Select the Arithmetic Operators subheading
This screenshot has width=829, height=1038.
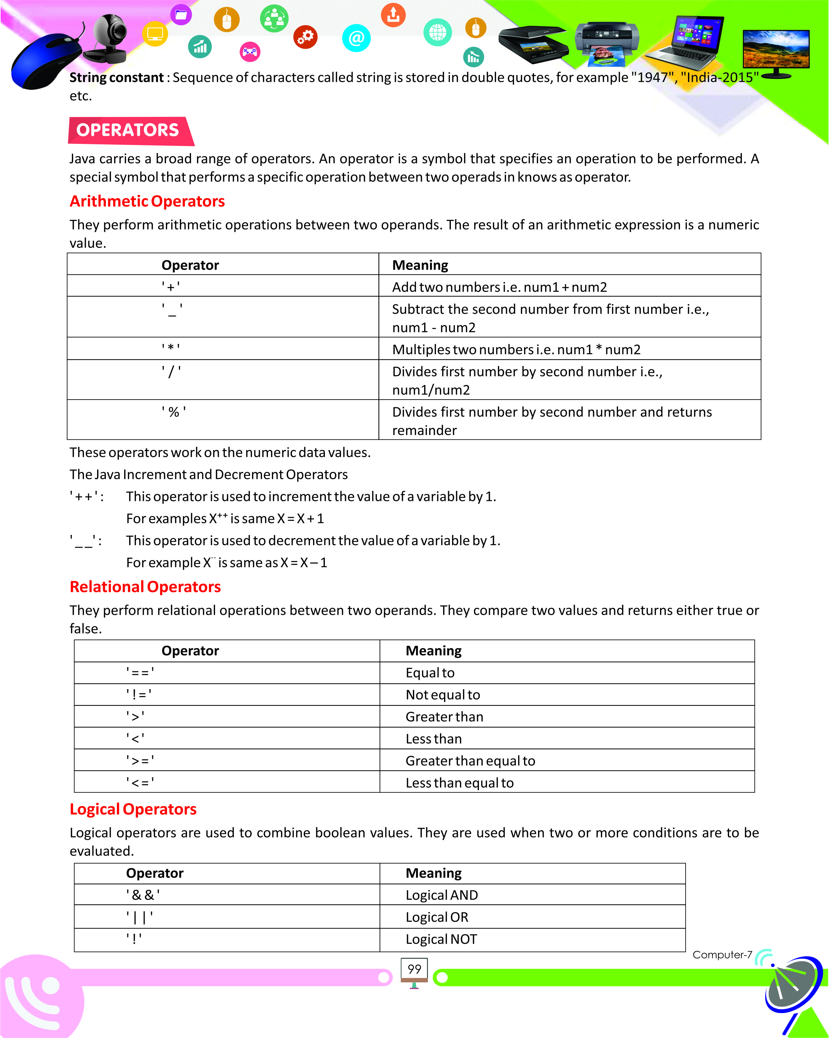point(147,201)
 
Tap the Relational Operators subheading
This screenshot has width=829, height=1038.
point(145,586)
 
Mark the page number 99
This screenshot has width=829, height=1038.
point(414,969)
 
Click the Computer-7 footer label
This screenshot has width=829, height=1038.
point(722,955)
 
